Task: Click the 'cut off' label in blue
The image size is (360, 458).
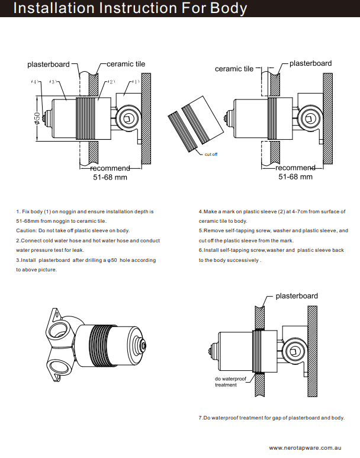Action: click(211, 154)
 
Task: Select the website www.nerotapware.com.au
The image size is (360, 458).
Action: click(307, 448)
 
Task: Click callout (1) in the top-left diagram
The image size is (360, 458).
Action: click(135, 82)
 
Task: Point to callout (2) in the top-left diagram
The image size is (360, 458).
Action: click(111, 82)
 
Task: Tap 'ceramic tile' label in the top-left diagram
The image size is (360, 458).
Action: click(126, 64)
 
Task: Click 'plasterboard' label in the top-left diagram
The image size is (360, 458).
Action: click(49, 64)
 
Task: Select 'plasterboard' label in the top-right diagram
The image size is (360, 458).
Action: click(310, 63)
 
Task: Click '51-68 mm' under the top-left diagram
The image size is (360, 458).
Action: click(110, 177)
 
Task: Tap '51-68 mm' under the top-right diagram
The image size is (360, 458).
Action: click(295, 177)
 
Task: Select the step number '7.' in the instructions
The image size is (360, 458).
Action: click(201, 418)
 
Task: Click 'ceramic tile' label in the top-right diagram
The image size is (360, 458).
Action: click(234, 69)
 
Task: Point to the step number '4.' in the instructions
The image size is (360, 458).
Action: click(201, 212)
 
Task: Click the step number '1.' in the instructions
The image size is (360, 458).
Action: click(18, 212)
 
